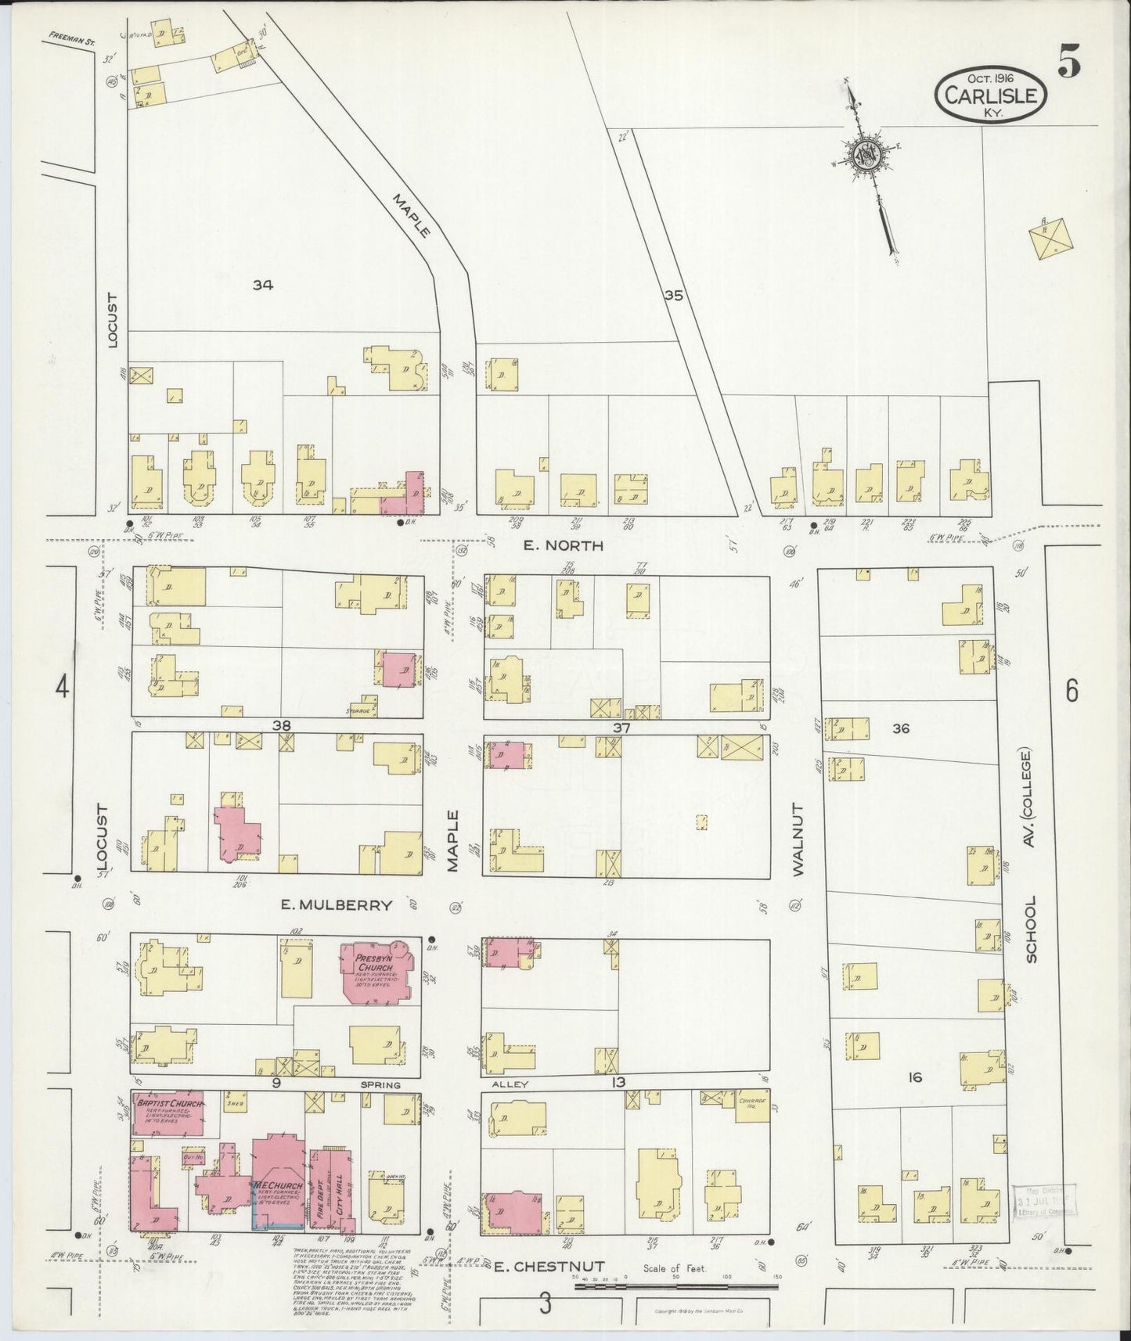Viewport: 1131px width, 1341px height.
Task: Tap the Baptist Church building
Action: click(x=169, y=1112)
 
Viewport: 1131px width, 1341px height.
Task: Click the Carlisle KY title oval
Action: click(x=992, y=95)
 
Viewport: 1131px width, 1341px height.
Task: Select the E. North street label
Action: click(x=564, y=545)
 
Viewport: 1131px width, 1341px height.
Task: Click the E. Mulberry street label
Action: click(x=337, y=905)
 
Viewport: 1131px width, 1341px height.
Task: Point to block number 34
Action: click(x=262, y=286)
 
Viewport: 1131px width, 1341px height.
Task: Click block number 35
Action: click(x=674, y=296)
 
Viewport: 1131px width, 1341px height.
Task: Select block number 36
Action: click(x=900, y=728)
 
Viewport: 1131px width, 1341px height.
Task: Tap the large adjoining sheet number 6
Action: click(x=1072, y=690)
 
